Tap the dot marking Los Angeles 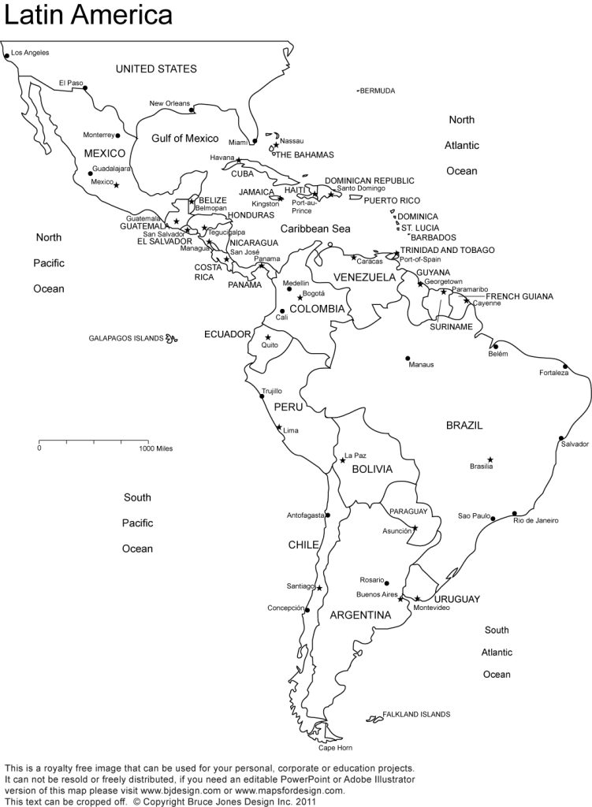7,55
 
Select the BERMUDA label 377,91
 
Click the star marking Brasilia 490,459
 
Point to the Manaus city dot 408,358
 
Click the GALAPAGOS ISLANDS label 126,338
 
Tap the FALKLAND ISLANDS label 416,714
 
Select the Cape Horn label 335,747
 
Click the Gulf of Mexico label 184,138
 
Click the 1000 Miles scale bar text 155,448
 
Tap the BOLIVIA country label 372,469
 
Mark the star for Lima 279,428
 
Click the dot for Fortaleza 565,366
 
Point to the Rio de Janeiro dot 515,513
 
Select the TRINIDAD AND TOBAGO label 447,250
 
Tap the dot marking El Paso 86,87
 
